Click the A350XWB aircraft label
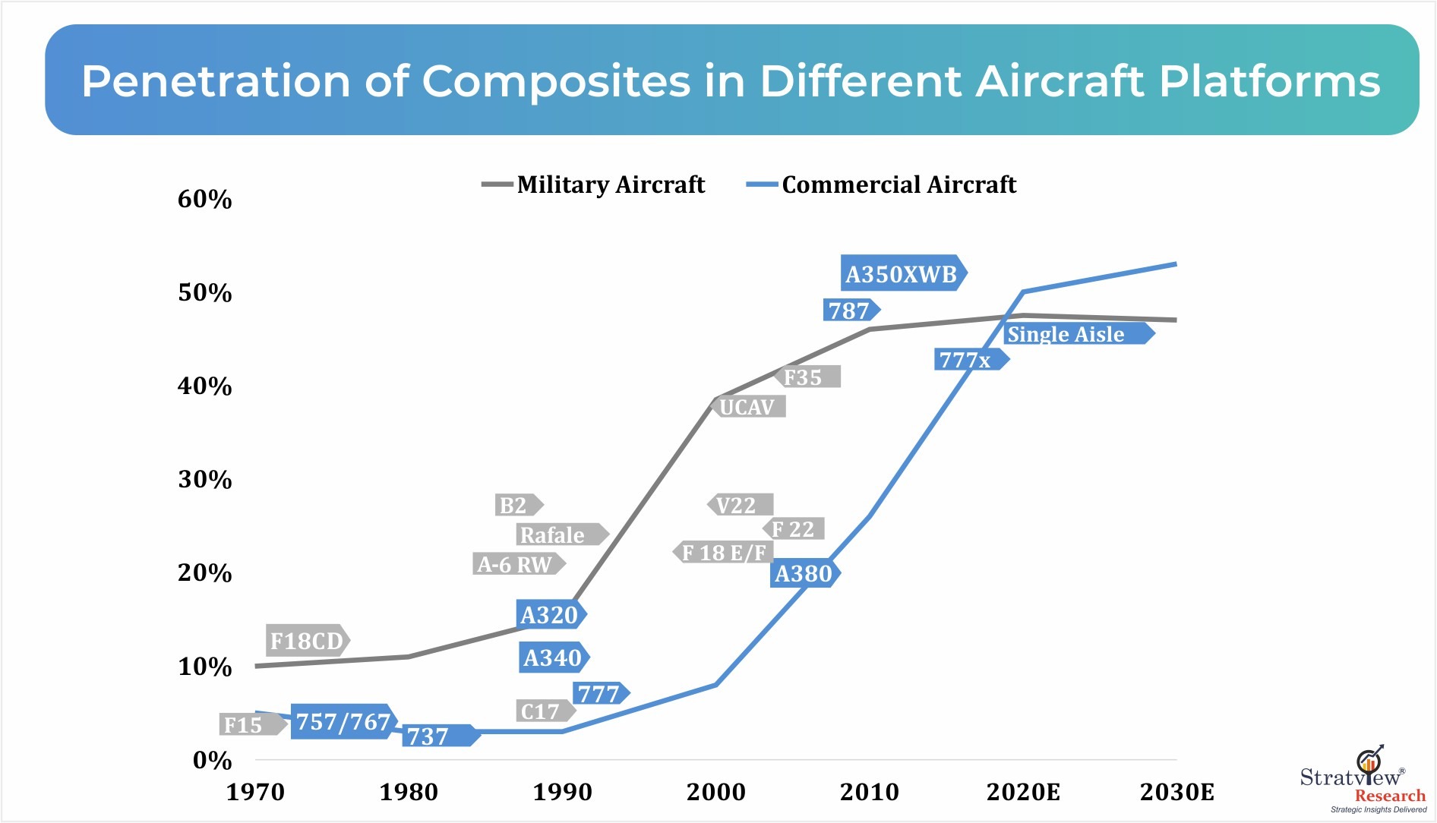tap(902, 273)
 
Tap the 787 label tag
tap(850, 310)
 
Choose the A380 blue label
tap(804, 573)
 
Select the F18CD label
tap(307, 641)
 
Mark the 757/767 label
tap(343, 721)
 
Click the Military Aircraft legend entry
tap(594, 184)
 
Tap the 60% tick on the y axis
tap(204, 199)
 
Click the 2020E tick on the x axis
tap(1023, 792)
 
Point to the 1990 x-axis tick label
tap(562, 792)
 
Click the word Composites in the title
tap(556, 80)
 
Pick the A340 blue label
tap(553, 657)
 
